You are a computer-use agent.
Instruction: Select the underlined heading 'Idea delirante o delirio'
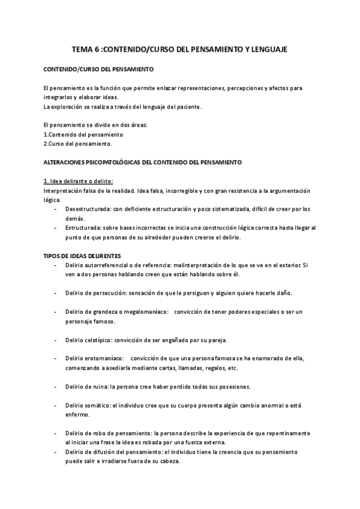coord(79,182)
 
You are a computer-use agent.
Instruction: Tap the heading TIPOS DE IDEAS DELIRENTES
coord(83,256)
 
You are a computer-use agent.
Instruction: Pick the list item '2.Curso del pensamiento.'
coord(78,144)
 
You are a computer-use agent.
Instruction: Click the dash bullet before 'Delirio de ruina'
coord(56,386)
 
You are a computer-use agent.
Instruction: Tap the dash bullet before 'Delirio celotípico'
coord(56,340)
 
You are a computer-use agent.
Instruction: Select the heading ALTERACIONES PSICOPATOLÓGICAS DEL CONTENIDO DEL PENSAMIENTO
coord(143,163)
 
